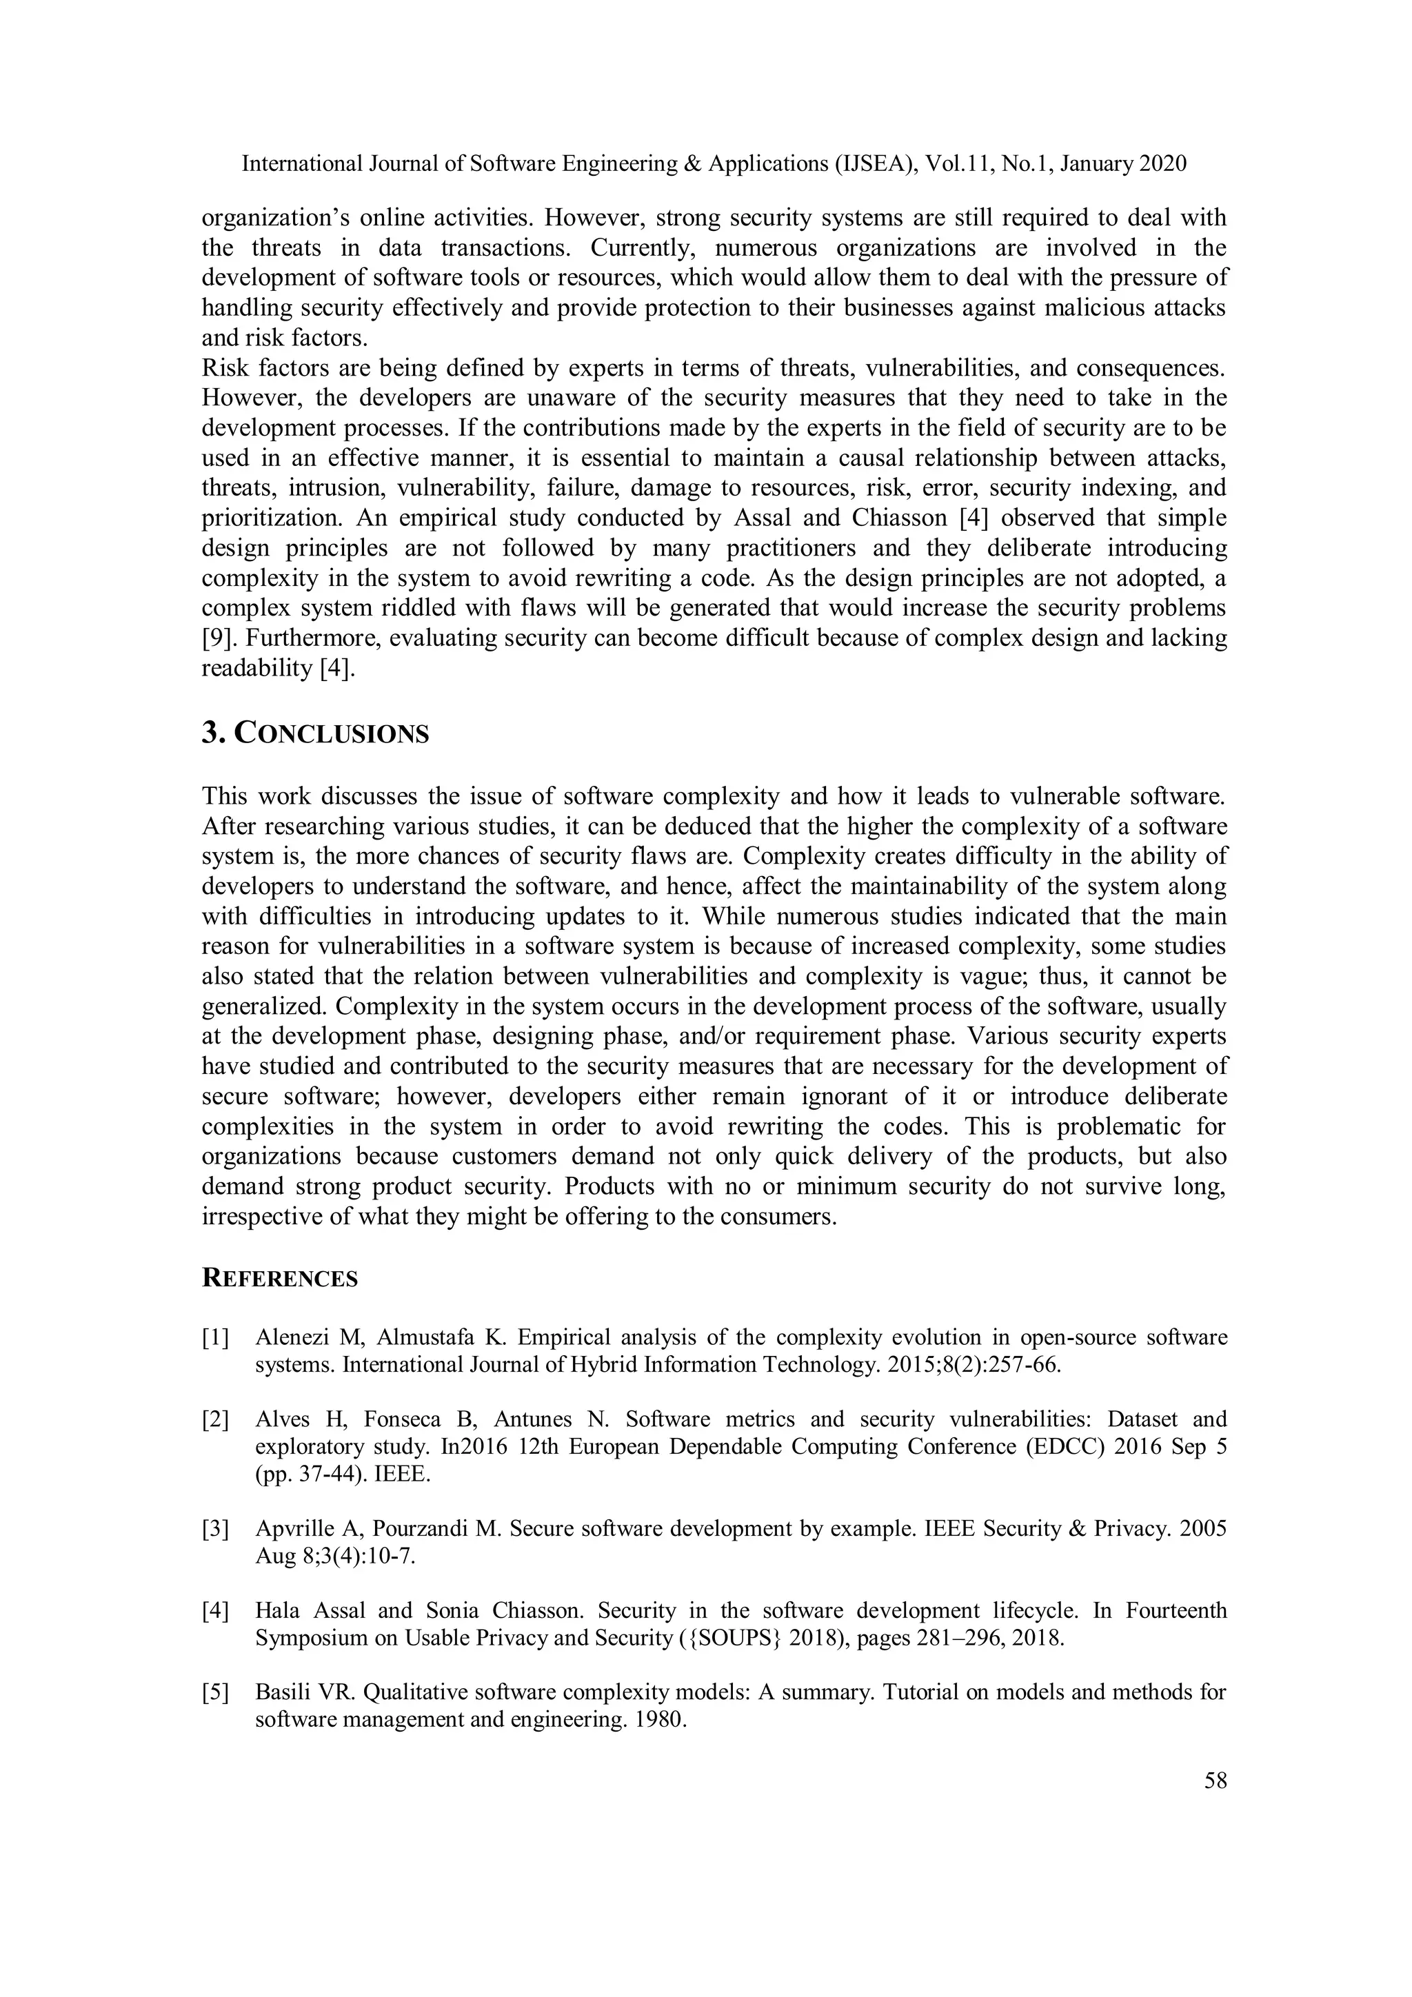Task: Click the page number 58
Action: click(x=1215, y=1781)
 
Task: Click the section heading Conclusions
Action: click(x=315, y=733)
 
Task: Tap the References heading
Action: click(x=279, y=1279)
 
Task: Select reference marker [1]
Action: click(x=216, y=1337)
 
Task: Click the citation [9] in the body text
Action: click(x=216, y=638)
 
